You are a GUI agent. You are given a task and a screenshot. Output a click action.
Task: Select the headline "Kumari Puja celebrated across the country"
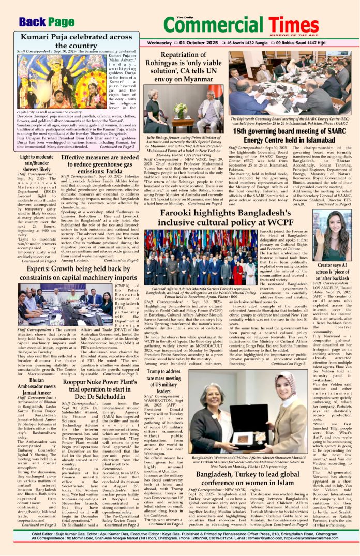pyautogui.click(x=77, y=41)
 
